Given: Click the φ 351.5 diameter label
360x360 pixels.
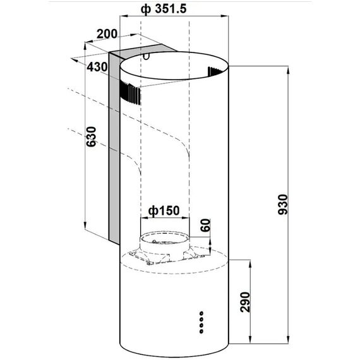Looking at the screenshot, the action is pos(164,9).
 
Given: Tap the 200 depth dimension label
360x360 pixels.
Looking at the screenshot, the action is pos(107,34).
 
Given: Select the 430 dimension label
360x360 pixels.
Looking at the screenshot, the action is pos(97,67).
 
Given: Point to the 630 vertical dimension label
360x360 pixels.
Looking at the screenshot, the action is pos(91,136).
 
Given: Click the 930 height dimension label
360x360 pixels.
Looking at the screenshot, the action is pos(282,205).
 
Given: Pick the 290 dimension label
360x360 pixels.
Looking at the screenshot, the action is pos(245,302).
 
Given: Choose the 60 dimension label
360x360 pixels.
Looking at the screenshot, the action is pos(205,225).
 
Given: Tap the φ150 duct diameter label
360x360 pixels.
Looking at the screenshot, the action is pos(164,210).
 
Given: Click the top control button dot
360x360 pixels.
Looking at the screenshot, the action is pos(201,313).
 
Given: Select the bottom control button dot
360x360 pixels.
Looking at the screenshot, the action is pos(201,332).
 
